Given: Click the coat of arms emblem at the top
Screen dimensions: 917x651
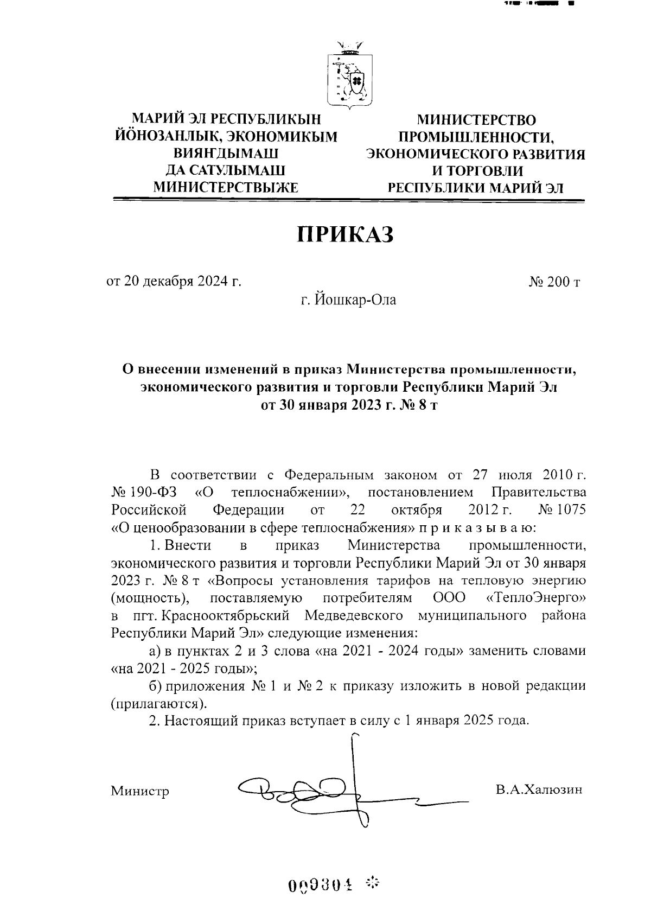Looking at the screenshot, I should [349, 74].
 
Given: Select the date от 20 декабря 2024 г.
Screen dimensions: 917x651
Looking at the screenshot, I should [174, 282].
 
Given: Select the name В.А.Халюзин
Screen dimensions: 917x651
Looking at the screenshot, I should [538, 789].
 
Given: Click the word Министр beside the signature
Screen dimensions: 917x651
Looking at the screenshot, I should [140, 791].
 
